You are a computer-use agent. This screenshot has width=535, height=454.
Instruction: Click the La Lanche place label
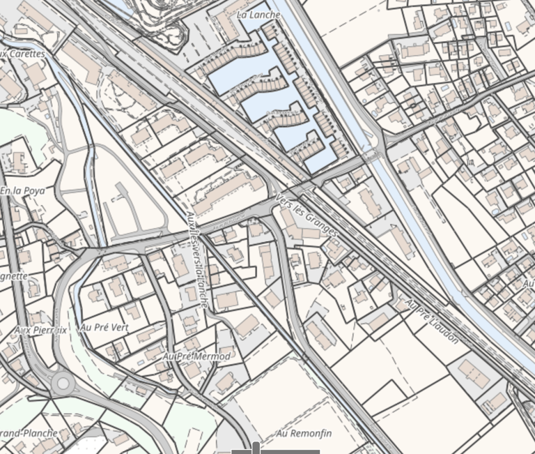click(x=258, y=15)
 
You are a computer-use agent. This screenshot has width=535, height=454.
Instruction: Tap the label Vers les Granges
click(x=307, y=215)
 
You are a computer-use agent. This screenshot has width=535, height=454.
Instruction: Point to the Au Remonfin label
click(x=304, y=434)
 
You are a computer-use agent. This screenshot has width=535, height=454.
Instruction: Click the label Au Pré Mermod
click(x=196, y=356)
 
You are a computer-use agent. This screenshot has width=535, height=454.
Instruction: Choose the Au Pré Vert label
click(x=105, y=327)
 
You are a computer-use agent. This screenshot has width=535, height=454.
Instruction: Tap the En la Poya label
click(x=22, y=190)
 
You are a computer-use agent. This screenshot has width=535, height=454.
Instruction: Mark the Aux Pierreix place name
click(x=40, y=330)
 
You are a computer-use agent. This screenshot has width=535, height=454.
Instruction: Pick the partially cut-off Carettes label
click(x=22, y=54)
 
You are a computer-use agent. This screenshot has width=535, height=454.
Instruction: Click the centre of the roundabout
click(x=63, y=382)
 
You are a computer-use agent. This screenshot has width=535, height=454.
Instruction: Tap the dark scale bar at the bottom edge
click(x=275, y=451)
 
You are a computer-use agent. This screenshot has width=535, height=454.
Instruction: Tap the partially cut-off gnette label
click(x=13, y=276)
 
